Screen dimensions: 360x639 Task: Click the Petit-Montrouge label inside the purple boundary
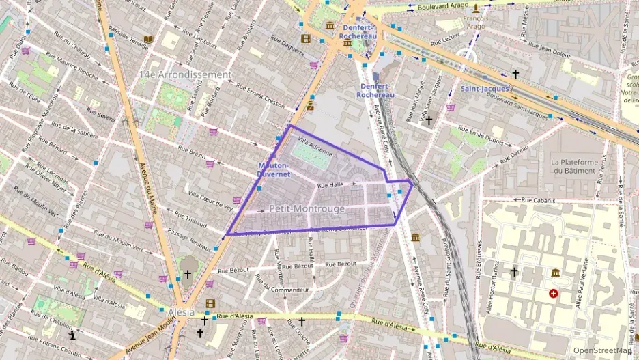pos(297,208)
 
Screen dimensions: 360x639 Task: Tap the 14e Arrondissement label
pos(184,74)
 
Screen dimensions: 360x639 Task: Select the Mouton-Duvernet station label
pos(273,169)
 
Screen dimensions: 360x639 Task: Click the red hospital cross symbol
pos(553,294)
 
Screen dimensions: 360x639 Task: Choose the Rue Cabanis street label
pos(539,201)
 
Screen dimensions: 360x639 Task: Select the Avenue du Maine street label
pos(147,178)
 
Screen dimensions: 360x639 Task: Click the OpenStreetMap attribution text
pos(601,350)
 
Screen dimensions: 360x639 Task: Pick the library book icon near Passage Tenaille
pos(147,39)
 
